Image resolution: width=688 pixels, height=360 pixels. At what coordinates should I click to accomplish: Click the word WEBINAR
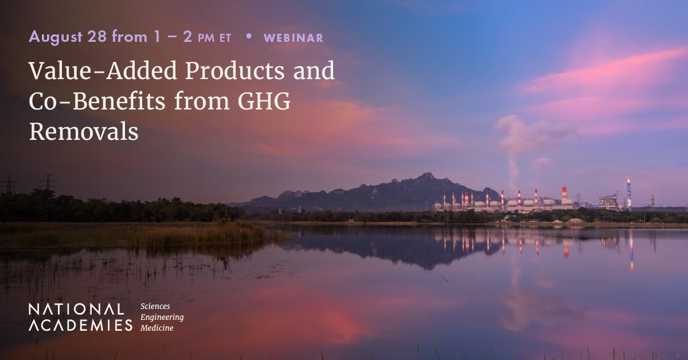pyautogui.click(x=294, y=38)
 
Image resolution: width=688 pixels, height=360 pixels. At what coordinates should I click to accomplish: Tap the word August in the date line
pyautogui.click(x=56, y=37)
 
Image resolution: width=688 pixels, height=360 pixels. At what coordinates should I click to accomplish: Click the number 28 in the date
pyautogui.click(x=97, y=37)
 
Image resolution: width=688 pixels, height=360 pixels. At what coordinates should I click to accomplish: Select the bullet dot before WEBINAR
pyautogui.click(x=249, y=36)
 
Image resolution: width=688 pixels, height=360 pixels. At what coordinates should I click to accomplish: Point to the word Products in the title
pyautogui.click(x=235, y=71)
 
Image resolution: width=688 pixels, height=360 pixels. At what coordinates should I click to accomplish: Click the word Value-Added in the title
pyautogui.click(x=103, y=71)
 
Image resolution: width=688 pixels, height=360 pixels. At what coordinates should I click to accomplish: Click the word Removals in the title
pyautogui.click(x=84, y=131)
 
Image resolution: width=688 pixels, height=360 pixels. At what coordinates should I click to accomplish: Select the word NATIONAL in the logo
pyautogui.click(x=76, y=310)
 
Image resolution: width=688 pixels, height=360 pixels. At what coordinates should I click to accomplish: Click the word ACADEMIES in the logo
pyautogui.click(x=80, y=325)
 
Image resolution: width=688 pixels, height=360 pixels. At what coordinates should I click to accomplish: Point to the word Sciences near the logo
pyautogui.click(x=155, y=306)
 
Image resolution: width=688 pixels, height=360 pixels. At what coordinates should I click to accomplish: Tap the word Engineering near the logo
pyautogui.click(x=162, y=318)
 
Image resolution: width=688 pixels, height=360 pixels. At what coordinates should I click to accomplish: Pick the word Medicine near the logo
pyautogui.click(x=157, y=328)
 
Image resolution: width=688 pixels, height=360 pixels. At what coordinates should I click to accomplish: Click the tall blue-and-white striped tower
pyautogui.click(x=629, y=193)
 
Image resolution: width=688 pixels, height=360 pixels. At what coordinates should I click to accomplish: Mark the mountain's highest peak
pyautogui.click(x=427, y=174)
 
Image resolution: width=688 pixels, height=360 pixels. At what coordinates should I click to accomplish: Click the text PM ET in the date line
pyautogui.click(x=214, y=38)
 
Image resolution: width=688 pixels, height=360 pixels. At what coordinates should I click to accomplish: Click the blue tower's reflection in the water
pyautogui.click(x=631, y=251)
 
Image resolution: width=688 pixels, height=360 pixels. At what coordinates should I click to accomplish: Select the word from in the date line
pyautogui.click(x=130, y=37)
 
